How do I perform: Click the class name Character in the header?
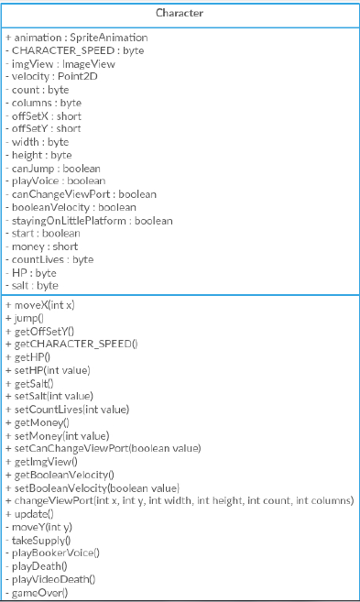[180, 13]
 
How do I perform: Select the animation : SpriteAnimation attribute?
[77, 38]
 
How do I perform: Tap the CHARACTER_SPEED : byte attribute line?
[75, 50]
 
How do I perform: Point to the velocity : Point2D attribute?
[51, 76]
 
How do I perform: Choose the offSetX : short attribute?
[43, 116]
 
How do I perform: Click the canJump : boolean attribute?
[53, 169]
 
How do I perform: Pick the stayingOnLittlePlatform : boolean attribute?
[89, 221]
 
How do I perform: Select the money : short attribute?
[42, 246]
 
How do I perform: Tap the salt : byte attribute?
[32, 286]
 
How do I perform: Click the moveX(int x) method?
[40, 305]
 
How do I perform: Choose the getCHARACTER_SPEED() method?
[71, 344]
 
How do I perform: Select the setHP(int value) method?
[48, 370]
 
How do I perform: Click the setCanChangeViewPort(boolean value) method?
[104, 448]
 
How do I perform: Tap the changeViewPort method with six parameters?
[180, 500]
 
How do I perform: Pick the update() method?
[29, 514]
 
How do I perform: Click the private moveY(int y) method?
[38, 527]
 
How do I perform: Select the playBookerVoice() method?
[52, 553]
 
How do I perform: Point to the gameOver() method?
[37, 593]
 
